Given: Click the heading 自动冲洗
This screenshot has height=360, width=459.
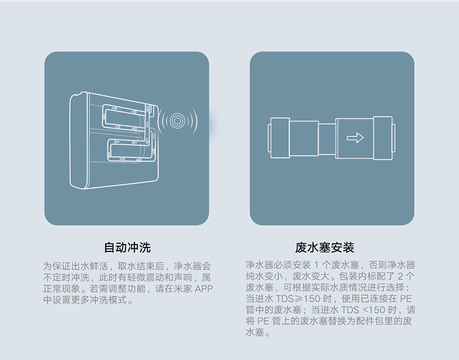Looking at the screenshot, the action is tap(127, 248).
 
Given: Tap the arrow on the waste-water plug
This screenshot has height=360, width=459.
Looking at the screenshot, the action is tap(355, 138).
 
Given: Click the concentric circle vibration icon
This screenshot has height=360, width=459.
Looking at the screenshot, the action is tap(179, 121).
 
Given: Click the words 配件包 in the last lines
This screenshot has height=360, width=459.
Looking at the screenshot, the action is tap(381, 321).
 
